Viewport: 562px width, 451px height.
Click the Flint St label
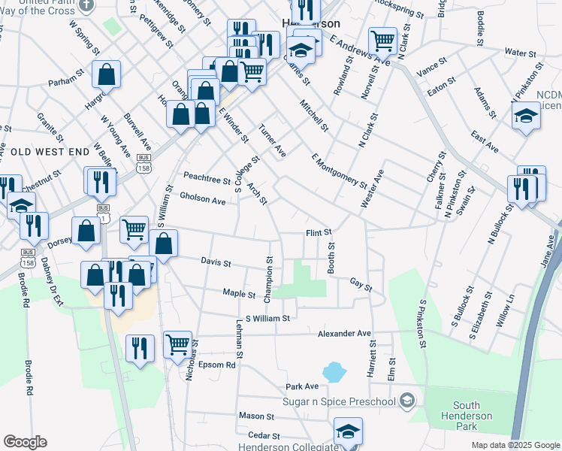pos(319,233)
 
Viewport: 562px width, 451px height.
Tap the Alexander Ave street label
pos(344,333)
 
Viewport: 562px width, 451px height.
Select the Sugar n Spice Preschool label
pos(339,401)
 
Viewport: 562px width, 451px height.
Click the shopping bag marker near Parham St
pos(107,74)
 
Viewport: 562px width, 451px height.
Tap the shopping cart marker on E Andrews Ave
pos(383,41)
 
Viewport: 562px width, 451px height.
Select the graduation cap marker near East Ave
pos(526,116)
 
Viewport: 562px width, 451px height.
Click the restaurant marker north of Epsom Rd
pos(140,347)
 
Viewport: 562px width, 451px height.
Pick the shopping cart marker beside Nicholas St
pos(177,344)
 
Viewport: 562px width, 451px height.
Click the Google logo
pos(25,442)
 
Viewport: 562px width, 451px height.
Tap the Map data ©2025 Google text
pos(515,445)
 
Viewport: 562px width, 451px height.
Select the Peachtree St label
pos(207,180)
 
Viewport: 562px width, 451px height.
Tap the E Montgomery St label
pos(339,173)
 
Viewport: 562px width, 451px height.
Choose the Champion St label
pos(269,280)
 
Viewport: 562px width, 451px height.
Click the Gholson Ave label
pos(203,201)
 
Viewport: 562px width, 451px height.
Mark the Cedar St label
pos(264,436)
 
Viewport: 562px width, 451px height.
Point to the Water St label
pos(519,53)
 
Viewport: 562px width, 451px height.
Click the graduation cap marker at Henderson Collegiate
pos(348,431)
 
